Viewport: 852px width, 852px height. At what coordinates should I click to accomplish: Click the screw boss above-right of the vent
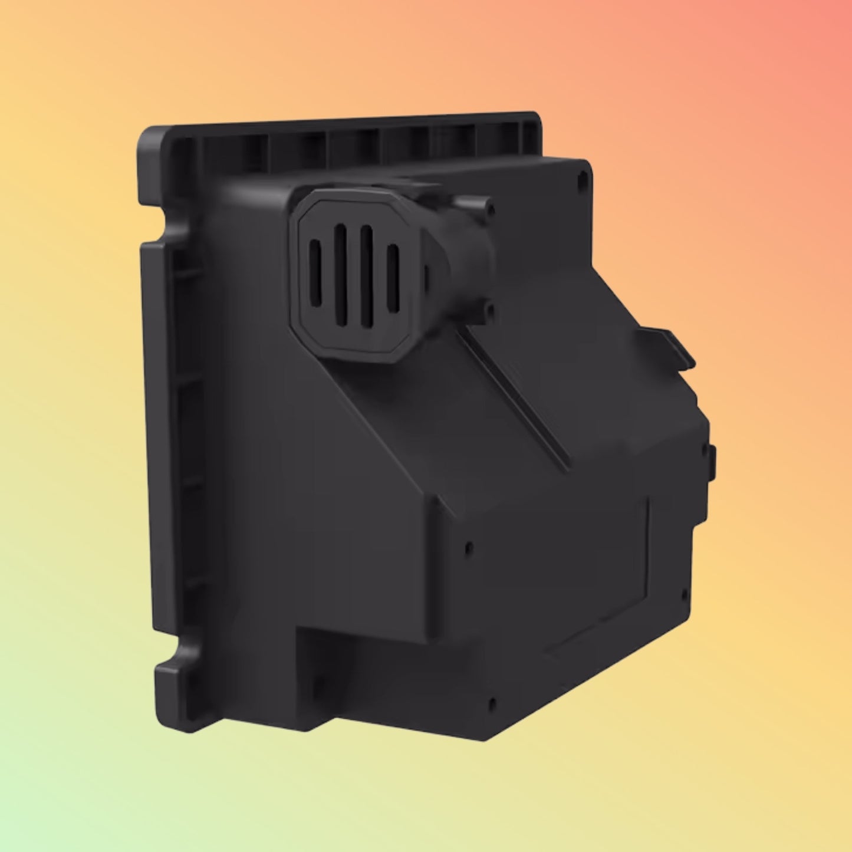[489, 208]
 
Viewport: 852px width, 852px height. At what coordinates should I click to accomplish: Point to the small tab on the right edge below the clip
[712, 460]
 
